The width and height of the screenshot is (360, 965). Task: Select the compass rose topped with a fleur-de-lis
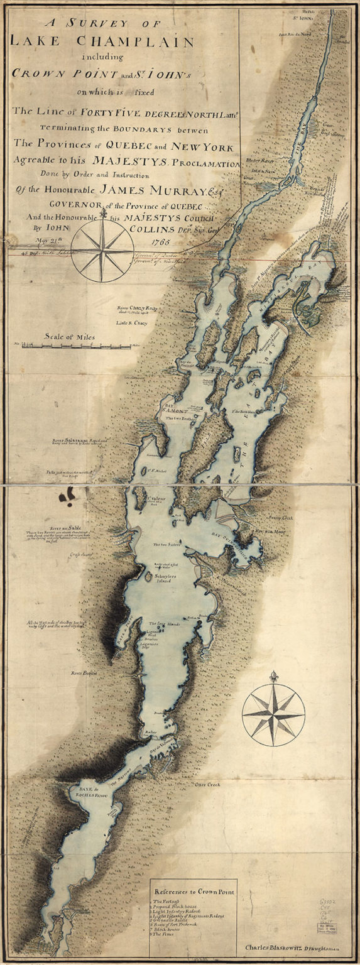pos(273,714)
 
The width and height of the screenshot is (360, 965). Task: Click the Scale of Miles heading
pos(69,337)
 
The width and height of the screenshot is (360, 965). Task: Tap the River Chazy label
pos(136,308)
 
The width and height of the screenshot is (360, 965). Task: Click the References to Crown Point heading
pos(195,891)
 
